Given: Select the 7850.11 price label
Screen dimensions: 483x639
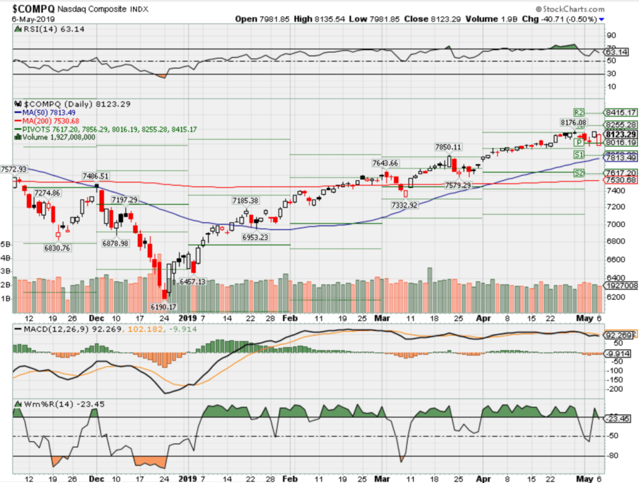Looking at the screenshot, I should coord(449,147).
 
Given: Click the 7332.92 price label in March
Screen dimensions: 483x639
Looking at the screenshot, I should coord(406,204).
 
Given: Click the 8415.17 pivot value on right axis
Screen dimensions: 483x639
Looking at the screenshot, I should coord(620,113).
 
